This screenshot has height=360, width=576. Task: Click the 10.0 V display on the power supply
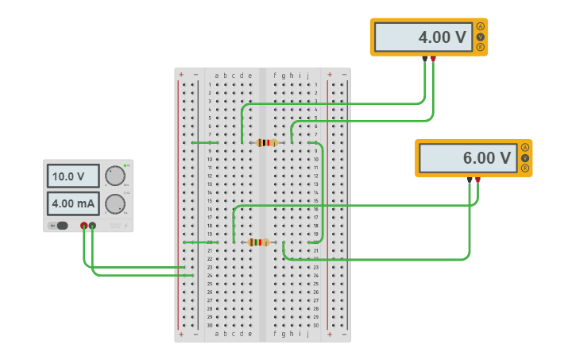[73, 176]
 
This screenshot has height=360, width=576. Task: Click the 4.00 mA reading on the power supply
[73, 203]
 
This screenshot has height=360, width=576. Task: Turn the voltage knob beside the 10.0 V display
[115, 176]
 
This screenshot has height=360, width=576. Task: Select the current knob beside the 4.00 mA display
[115, 203]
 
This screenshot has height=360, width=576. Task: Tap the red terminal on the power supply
[84, 226]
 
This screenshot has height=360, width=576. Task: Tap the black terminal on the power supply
[93, 226]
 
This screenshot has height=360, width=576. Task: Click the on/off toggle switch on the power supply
[60, 226]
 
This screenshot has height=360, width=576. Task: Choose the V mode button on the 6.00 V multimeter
[525, 158]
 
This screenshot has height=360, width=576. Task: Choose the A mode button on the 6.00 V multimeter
[525, 148]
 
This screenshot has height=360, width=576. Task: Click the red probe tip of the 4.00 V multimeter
[433, 59]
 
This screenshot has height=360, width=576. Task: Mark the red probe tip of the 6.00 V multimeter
[477, 180]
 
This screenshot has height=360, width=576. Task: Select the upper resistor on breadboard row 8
[266, 143]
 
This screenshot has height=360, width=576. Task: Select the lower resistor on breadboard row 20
[258, 242]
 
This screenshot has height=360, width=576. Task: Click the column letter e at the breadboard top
[249, 75]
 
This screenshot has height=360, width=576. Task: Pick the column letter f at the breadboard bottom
[275, 334]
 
